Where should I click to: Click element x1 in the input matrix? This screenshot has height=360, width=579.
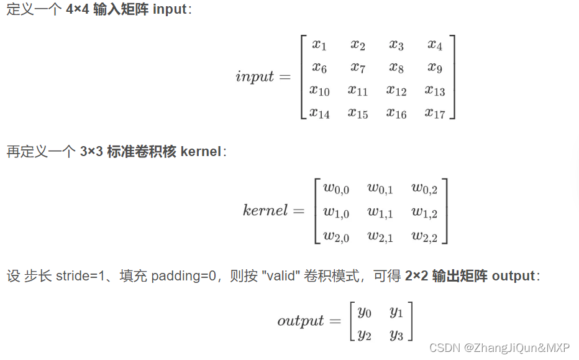point(319,45)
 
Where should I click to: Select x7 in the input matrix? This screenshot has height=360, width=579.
point(358,67)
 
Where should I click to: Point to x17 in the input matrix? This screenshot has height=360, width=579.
point(435,113)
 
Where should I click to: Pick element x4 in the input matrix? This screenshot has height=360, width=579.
point(435,45)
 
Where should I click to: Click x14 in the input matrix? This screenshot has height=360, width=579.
point(319,113)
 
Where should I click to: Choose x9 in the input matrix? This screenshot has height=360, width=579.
point(435,67)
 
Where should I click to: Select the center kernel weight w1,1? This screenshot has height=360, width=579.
point(380,212)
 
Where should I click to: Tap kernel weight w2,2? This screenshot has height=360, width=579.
point(424,236)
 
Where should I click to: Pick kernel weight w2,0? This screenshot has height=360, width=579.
point(336,236)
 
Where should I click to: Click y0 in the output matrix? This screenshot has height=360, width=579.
point(365,311)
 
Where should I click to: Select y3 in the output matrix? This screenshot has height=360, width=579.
point(396,335)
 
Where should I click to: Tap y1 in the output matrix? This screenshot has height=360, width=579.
point(396,311)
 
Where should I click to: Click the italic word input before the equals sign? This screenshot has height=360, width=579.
point(255,76)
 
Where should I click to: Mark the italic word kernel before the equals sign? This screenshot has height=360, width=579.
point(265,210)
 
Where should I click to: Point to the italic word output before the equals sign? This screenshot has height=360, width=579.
point(301,321)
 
